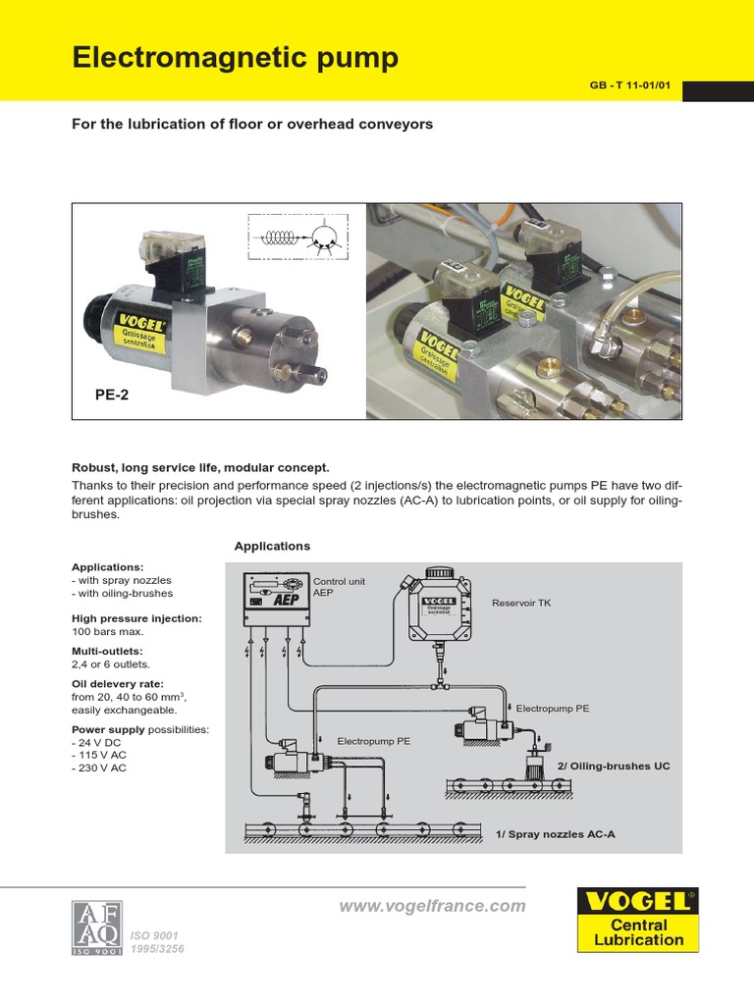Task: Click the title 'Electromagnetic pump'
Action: coord(236,59)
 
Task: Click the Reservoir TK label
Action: coord(521,603)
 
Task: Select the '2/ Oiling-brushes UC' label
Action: coord(614,766)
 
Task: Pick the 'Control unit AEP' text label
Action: coord(339,587)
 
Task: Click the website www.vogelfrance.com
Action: coord(432,906)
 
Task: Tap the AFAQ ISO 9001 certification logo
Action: coord(96,926)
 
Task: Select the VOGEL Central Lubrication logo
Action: coord(638,919)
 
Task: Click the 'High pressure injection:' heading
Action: coord(136,618)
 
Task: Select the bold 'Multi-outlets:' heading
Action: coord(107,651)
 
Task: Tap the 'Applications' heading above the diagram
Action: coord(272,546)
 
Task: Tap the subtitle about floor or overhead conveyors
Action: coord(252,125)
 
